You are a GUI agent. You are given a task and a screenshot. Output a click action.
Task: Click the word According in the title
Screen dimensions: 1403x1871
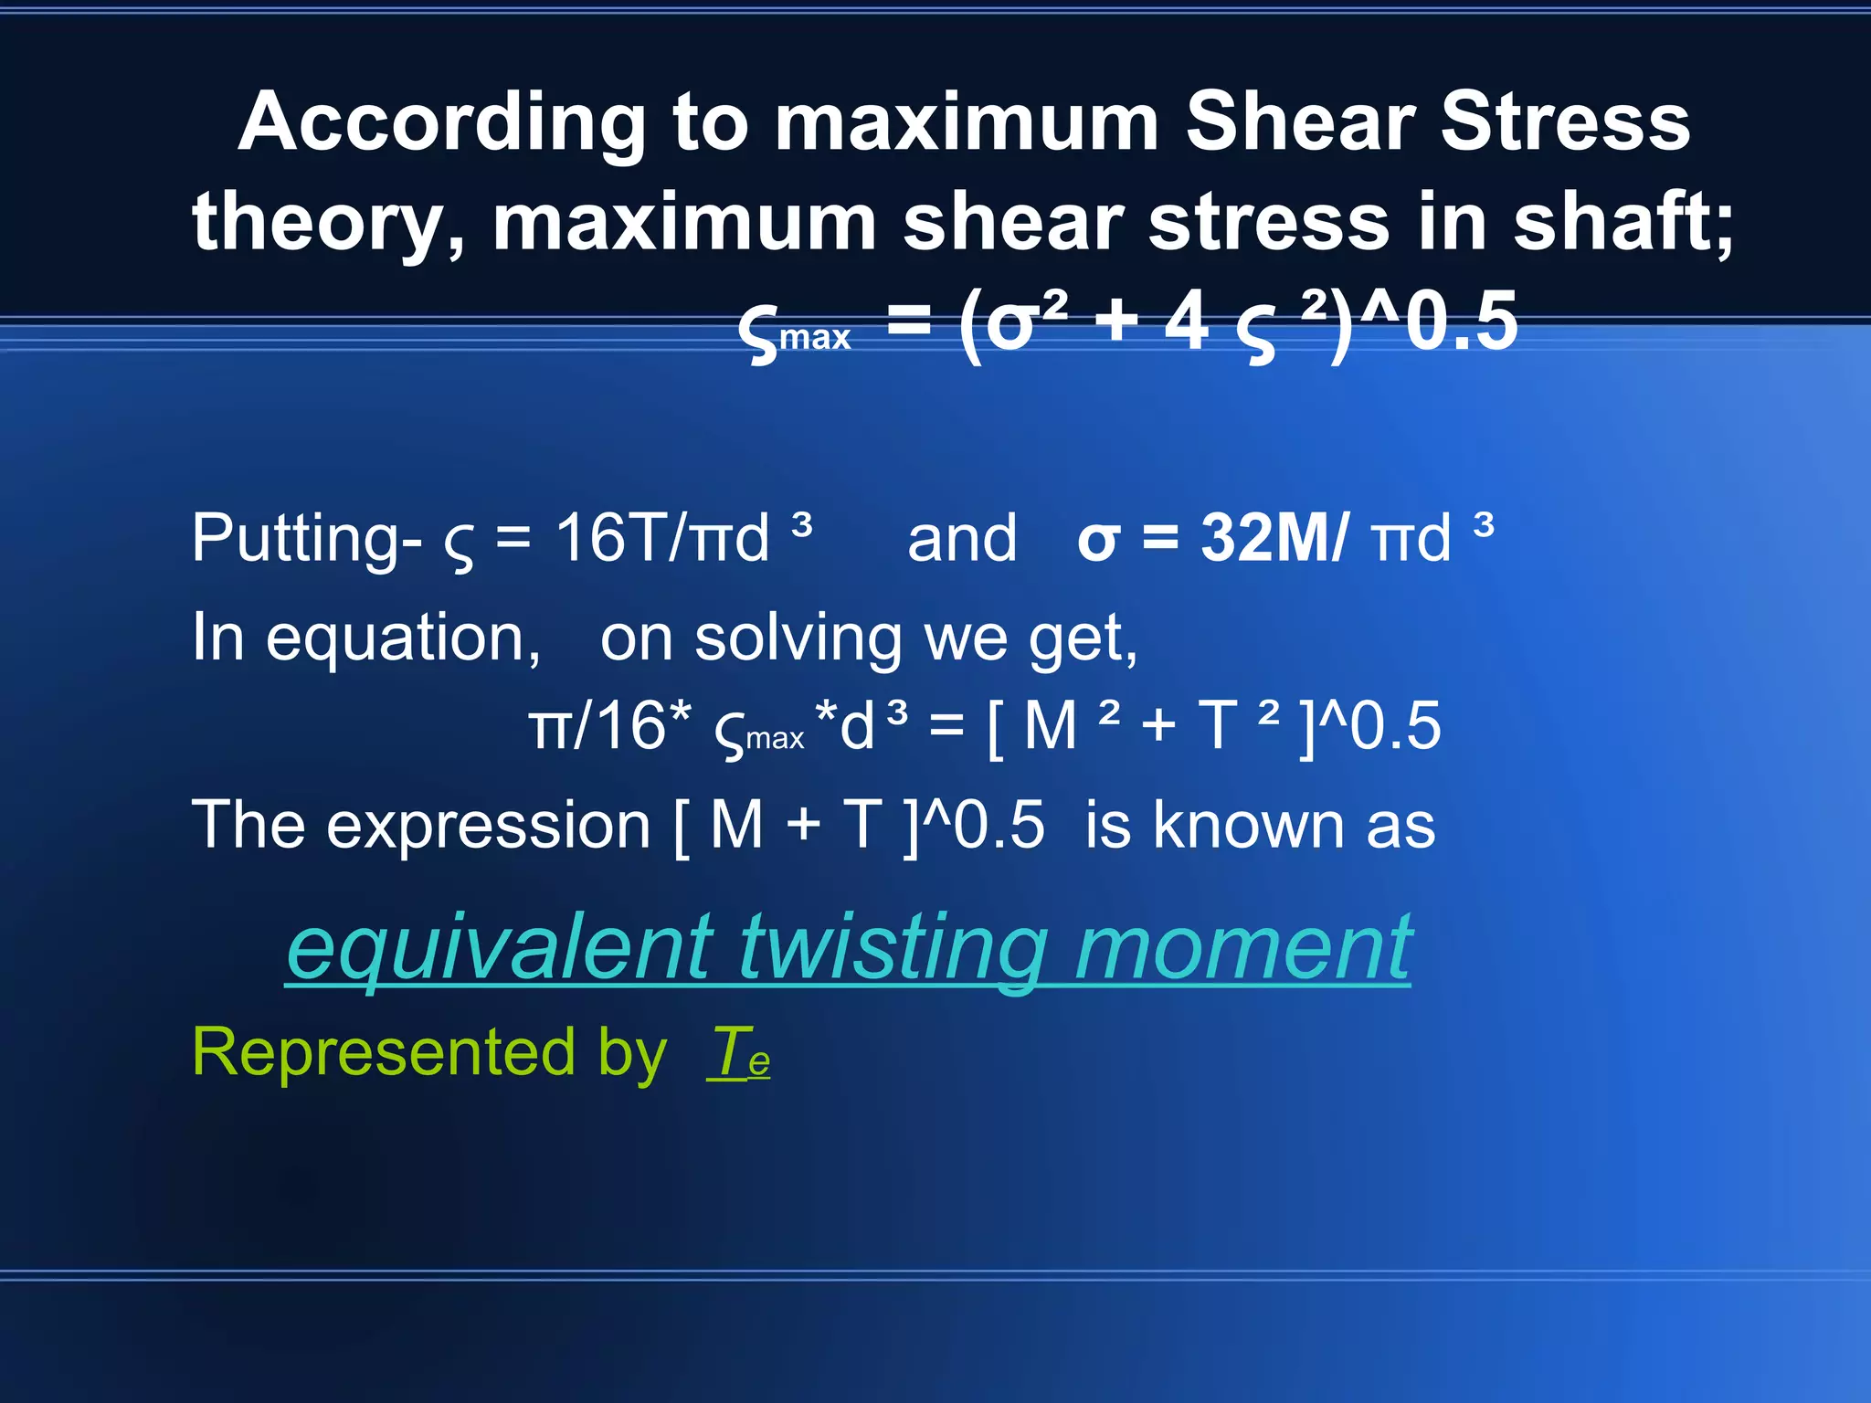[442, 123]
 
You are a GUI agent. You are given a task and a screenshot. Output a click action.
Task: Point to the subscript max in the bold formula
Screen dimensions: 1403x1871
[815, 338]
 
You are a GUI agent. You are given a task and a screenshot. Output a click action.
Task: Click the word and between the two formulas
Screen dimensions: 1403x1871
[961, 539]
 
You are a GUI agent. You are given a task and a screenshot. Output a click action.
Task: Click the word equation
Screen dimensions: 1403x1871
[402, 638]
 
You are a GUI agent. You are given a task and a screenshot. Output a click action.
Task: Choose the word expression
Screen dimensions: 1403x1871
[488, 826]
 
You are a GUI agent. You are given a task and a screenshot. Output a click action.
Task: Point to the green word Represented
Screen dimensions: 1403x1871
[383, 1053]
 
